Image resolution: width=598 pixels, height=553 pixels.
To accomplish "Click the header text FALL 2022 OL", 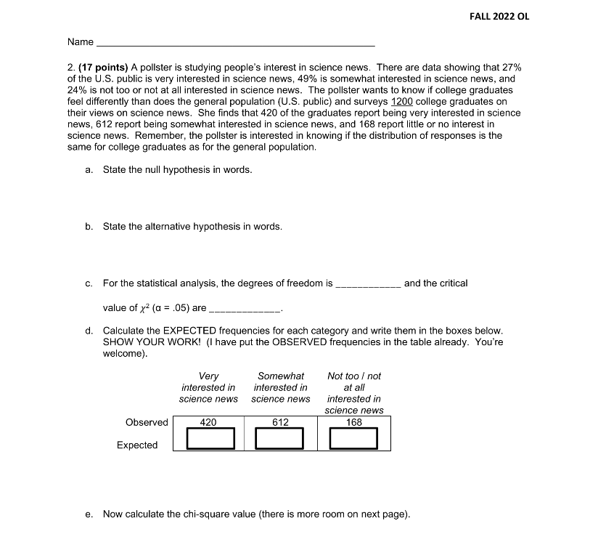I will (x=499, y=17).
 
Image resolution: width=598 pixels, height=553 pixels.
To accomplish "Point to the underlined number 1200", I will (x=402, y=102).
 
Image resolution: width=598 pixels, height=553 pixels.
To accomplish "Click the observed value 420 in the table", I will (x=208, y=422).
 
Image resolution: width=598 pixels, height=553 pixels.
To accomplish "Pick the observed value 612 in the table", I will (x=280, y=422).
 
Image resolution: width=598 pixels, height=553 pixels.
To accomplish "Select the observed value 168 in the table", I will (x=354, y=422).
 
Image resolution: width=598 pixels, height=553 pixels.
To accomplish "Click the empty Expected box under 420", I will (x=210, y=439).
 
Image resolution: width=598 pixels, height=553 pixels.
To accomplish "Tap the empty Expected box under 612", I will (x=279, y=439).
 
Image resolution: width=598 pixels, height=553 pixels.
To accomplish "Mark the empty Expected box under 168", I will (x=354, y=439).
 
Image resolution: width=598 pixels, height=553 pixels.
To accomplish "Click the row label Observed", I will (x=147, y=422).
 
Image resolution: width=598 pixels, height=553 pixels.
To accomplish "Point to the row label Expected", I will (x=137, y=445).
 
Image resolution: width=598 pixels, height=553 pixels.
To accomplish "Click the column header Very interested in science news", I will (x=208, y=387).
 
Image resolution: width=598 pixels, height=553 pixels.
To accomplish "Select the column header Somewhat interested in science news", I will (x=281, y=387).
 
